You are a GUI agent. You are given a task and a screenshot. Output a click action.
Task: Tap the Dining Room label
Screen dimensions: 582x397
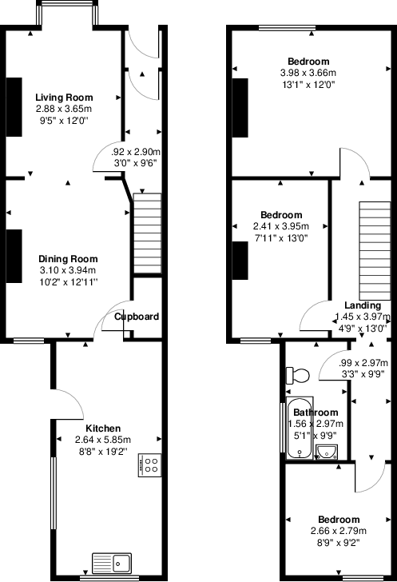pyautogui.click(x=69, y=258)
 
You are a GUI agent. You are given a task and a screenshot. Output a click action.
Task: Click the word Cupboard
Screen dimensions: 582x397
pyautogui.click(x=137, y=317)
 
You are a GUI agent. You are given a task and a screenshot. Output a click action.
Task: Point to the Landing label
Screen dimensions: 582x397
pyautogui.click(x=363, y=305)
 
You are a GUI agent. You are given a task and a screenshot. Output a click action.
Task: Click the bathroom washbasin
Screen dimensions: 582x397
pyautogui.click(x=328, y=452)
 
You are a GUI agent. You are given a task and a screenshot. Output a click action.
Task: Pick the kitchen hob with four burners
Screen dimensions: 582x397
pyautogui.click(x=150, y=465)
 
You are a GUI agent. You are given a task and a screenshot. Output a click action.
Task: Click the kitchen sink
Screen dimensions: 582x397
pyautogui.click(x=112, y=563)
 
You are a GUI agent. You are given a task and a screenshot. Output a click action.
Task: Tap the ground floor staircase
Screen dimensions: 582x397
pyautogui.click(x=145, y=233)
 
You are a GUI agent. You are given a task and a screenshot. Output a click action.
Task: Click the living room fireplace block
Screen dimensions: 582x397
pyautogui.click(x=15, y=107)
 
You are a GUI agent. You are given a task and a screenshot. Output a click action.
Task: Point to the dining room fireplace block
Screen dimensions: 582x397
pyautogui.click(x=15, y=256)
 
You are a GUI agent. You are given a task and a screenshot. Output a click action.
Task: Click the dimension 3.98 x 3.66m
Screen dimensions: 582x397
pyautogui.click(x=308, y=73)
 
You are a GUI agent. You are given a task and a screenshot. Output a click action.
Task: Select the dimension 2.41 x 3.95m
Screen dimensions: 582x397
pyautogui.click(x=282, y=226)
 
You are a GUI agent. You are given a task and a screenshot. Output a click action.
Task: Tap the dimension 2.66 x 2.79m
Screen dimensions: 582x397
pyautogui.click(x=338, y=530)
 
